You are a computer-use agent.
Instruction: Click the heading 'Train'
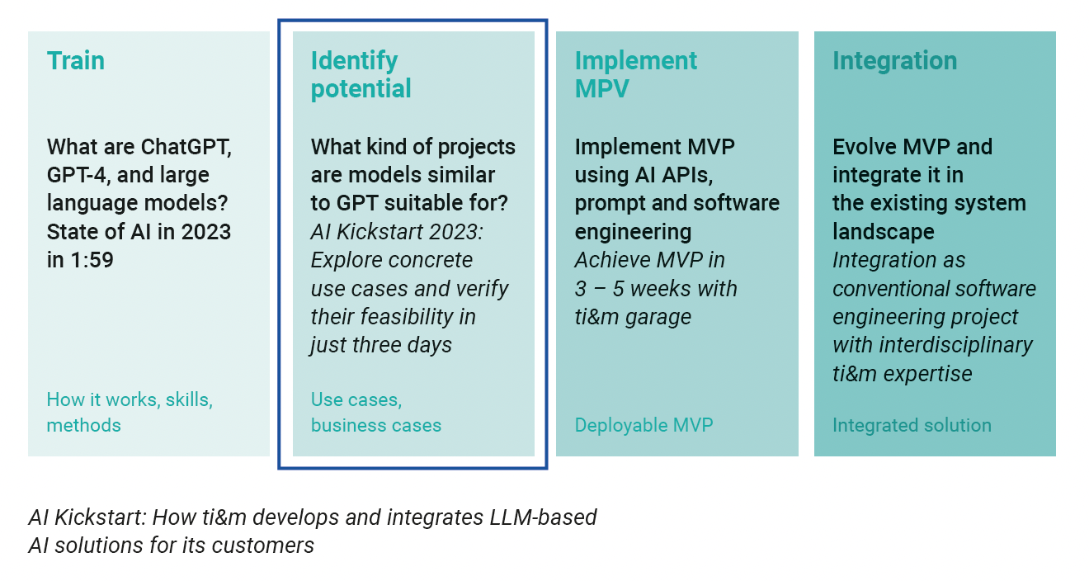pyautogui.click(x=75, y=61)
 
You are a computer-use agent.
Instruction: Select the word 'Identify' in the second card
pyautogui.click(x=354, y=62)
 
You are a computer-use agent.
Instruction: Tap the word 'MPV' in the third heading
pyautogui.click(x=602, y=89)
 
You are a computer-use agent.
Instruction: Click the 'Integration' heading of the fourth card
pyautogui.click(x=894, y=62)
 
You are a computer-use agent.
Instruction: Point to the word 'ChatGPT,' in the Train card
pyautogui.click(x=187, y=147)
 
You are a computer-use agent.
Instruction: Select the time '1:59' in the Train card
pyautogui.click(x=92, y=260)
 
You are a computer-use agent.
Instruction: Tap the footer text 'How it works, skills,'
pyautogui.click(x=130, y=399)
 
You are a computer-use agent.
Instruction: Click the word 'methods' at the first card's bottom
pyautogui.click(x=83, y=425)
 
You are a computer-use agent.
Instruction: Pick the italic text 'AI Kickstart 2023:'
pyautogui.click(x=397, y=232)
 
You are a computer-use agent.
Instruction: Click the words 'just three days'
pyautogui.click(x=381, y=345)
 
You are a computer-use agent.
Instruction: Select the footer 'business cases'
pyautogui.click(x=376, y=425)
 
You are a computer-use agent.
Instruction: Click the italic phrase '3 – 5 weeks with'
pyautogui.click(x=656, y=289)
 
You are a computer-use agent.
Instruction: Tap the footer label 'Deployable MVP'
pyautogui.click(x=643, y=426)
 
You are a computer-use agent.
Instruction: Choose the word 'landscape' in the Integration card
pyautogui.click(x=884, y=232)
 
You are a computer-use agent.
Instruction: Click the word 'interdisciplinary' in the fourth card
pyautogui.click(x=956, y=346)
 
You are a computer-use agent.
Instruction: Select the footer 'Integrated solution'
pyautogui.click(x=912, y=426)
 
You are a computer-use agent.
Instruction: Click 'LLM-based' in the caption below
pyautogui.click(x=543, y=517)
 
